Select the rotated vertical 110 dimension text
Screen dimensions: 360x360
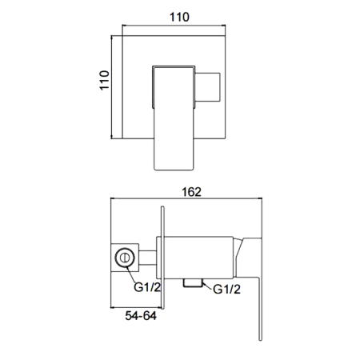pyautogui.click(x=102, y=81)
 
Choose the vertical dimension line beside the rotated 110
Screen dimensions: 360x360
pyautogui.click(x=112, y=81)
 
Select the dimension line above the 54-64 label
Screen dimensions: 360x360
pyautogui.click(x=136, y=307)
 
